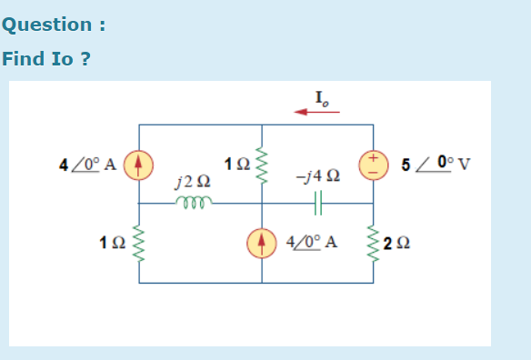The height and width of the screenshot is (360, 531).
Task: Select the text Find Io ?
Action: (45, 59)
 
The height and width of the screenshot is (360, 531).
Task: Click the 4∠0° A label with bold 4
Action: (87, 165)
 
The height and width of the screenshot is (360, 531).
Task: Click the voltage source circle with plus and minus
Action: (371, 165)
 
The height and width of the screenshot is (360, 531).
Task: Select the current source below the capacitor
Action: (261, 243)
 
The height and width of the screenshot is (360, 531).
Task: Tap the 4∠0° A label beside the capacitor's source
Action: (311, 243)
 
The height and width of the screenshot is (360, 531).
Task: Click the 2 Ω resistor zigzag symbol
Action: (371, 243)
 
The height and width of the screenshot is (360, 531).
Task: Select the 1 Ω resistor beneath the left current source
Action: (138, 243)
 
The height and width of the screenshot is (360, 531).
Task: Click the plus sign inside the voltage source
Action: (371, 159)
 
